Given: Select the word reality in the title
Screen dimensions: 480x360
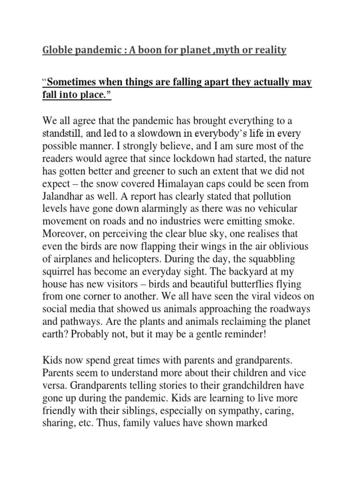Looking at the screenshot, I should pyautogui.click(x=267, y=50).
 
